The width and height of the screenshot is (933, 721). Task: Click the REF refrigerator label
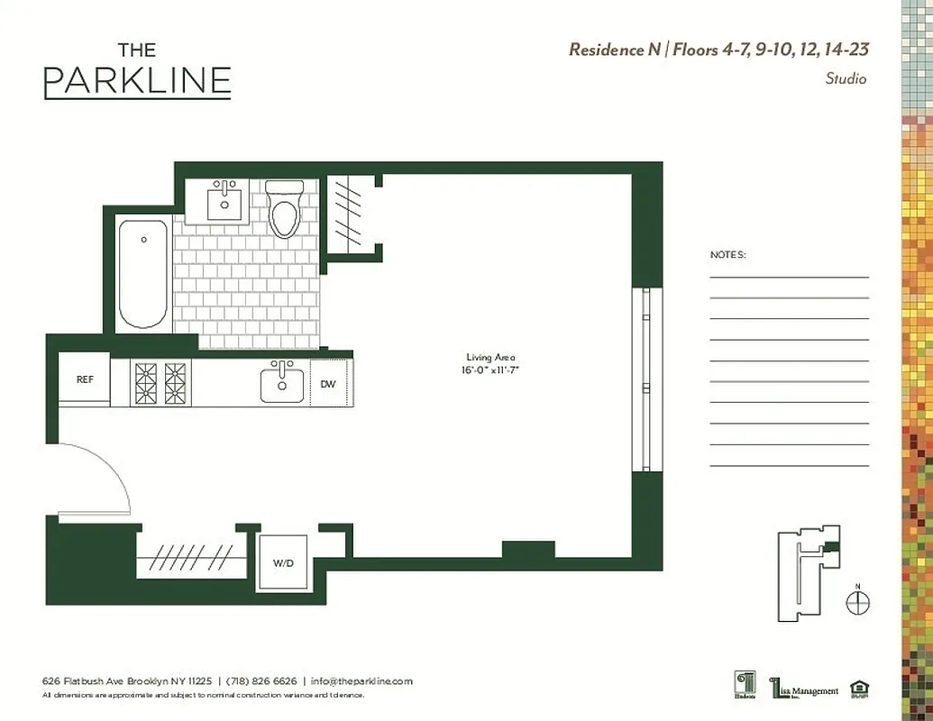click(x=85, y=379)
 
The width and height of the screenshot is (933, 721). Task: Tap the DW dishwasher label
click(x=328, y=384)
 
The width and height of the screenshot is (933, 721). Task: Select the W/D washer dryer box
click(x=283, y=562)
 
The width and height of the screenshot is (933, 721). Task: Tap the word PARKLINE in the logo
click(x=137, y=81)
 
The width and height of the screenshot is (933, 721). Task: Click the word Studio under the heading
click(x=846, y=79)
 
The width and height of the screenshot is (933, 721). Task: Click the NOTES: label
click(x=727, y=255)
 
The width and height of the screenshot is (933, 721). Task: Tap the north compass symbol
click(x=858, y=602)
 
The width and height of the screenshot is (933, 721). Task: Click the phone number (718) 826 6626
click(x=261, y=681)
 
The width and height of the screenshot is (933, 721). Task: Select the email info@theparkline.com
click(x=361, y=681)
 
